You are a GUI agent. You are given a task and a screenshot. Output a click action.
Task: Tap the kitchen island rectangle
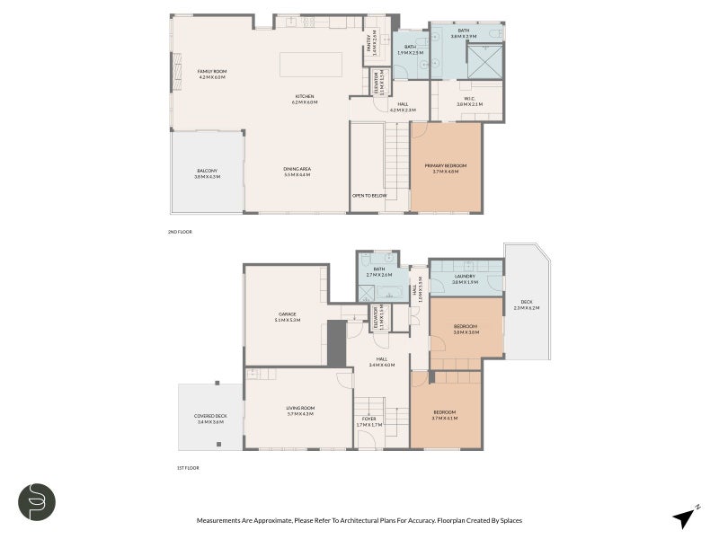[311, 66]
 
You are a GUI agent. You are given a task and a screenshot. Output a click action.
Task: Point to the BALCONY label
[207, 173]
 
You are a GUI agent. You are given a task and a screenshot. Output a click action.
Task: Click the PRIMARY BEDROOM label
[446, 168]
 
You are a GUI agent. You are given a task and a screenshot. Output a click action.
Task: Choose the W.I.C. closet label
[469, 102]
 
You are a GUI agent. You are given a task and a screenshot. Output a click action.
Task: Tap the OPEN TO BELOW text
[369, 195]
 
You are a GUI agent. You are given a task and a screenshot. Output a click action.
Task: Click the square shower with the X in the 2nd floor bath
[484, 64]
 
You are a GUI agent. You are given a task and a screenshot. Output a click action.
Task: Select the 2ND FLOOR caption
[180, 232]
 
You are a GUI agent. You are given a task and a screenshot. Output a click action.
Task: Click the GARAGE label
[286, 316]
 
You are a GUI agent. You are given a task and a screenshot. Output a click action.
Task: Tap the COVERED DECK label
[210, 418]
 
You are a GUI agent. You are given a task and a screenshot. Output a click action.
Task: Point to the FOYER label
[369, 420]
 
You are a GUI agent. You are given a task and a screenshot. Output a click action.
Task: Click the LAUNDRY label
[465, 278]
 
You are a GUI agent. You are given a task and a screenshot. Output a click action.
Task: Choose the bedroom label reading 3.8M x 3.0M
[466, 329]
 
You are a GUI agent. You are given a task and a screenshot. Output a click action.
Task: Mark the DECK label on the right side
[526, 305]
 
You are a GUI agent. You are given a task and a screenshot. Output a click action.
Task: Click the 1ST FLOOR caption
[187, 468]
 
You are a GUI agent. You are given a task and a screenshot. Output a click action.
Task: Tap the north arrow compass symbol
[685, 517]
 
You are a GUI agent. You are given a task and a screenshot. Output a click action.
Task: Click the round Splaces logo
[37, 501]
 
